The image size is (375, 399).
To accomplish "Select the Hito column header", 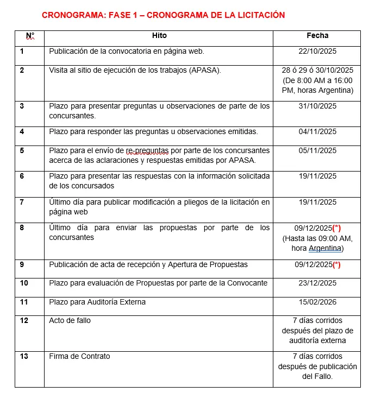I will coord(159,36).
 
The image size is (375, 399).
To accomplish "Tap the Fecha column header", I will coord(317,36).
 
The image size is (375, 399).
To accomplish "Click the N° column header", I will coord(30,36).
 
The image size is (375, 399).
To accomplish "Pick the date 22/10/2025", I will coord(317,52).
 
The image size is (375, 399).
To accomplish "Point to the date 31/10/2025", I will coord(317,106).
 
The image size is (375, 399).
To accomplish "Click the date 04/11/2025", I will coord(317,132).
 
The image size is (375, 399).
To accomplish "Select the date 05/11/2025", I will coord(317,150).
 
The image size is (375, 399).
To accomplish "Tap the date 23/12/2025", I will coord(317,283).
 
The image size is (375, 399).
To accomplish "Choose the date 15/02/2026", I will coord(317,302).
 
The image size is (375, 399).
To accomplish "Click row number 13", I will coord(24,356).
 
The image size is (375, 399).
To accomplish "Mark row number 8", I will coord(22,227).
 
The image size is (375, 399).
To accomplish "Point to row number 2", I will coord(22,70).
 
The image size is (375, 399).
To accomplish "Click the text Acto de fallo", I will coord(70,320).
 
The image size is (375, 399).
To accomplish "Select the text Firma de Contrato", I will coord(79,356).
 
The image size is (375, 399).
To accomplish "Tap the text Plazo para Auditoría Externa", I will coord(97,302).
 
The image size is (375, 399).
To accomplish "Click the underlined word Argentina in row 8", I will coord(325,249).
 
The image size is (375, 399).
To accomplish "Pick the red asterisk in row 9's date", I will coord(336,264).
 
